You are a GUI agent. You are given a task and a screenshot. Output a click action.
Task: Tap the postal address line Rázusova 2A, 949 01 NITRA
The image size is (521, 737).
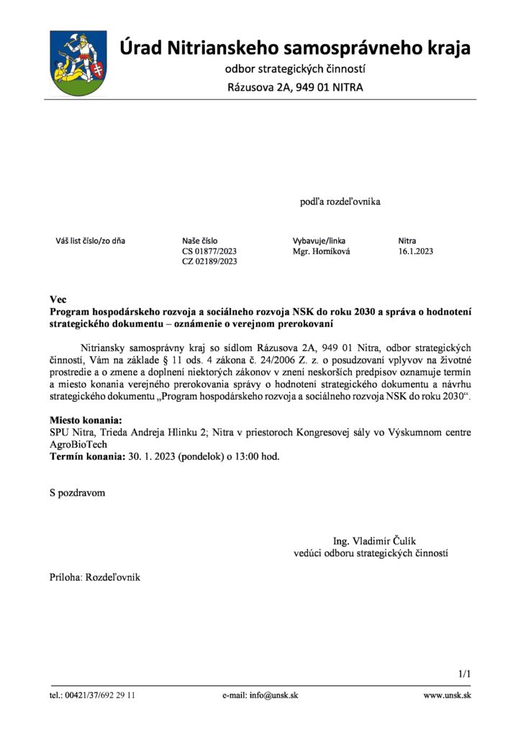296,88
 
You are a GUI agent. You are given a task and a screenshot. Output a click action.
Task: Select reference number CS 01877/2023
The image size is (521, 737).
209,251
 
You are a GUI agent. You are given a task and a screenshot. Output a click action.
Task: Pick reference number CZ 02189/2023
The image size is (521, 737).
209,261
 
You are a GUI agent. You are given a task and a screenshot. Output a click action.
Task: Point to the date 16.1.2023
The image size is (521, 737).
415,251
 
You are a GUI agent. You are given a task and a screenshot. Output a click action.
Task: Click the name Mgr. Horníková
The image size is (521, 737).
321,251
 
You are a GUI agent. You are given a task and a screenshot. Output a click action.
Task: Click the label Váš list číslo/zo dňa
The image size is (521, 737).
91,240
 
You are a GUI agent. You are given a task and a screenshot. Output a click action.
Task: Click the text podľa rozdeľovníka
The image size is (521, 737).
340,202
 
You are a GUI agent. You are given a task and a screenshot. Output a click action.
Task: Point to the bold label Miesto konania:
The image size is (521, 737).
86,420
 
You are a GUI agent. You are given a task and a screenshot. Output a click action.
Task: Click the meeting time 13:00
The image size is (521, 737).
241,456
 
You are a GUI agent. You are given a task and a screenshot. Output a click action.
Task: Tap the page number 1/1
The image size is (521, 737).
463,674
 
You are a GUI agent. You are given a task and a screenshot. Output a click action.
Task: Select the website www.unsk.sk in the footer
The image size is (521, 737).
447,695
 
